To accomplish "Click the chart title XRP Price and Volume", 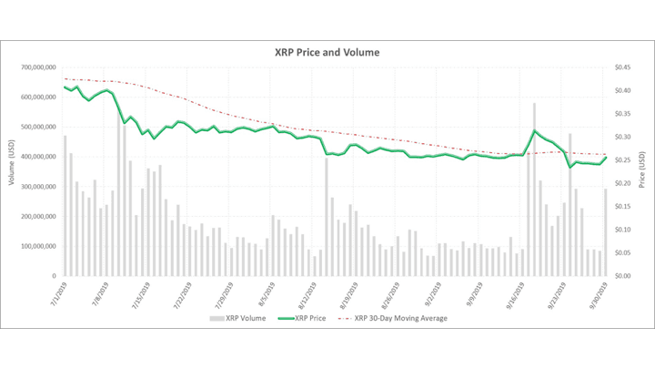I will point(327,52).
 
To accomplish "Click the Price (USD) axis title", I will point(642,170).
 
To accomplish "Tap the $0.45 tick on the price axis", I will point(622,67).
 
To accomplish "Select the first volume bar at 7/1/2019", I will point(65,205).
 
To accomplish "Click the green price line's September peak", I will point(535,131).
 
